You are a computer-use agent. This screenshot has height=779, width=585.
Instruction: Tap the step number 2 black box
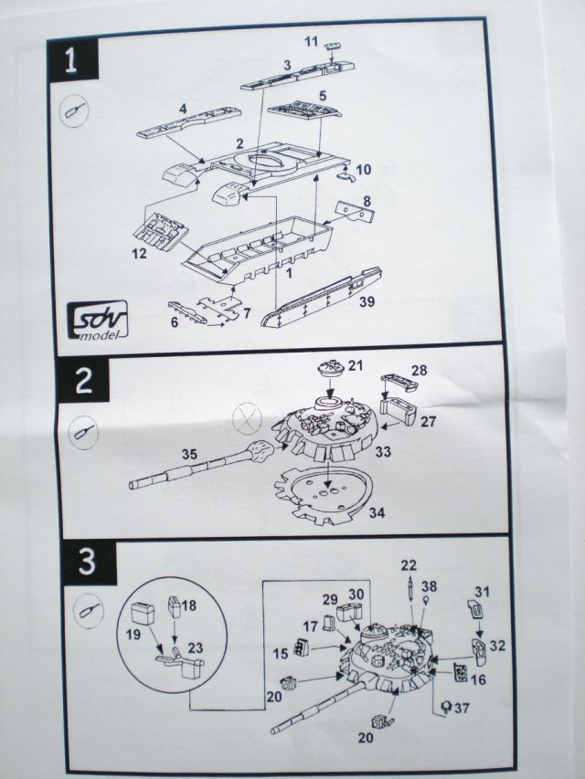point(82,381)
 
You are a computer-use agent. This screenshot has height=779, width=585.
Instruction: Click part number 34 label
point(376,512)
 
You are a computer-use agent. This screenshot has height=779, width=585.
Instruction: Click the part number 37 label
point(461,706)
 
